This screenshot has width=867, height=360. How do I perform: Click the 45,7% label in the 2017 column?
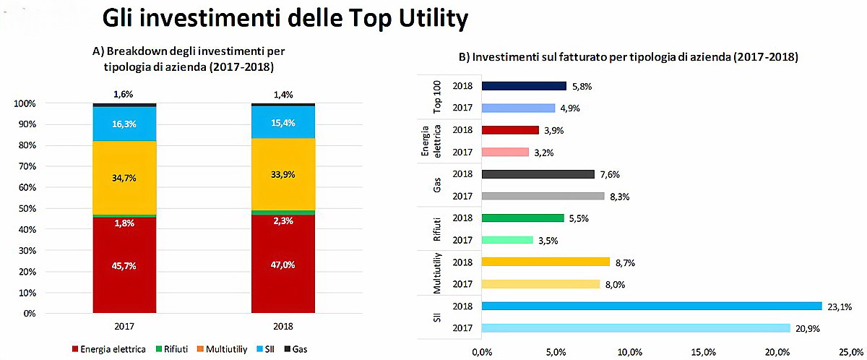pyautogui.click(x=124, y=266)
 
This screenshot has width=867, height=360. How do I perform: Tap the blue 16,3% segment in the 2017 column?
pyautogui.click(x=124, y=124)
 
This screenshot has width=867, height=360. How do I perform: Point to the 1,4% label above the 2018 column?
pyautogui.click(x=283, y=94)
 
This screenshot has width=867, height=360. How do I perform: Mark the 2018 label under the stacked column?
pyautogui.click(x=283, y=327)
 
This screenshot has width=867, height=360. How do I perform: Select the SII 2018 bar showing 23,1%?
pyautogui.click(x=650, y=307)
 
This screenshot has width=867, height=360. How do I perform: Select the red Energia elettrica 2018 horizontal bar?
pyautogui.click(x=510, y=130)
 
